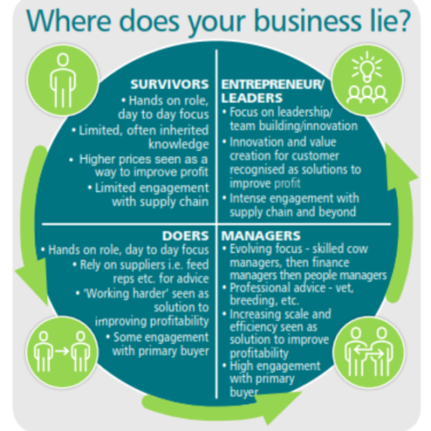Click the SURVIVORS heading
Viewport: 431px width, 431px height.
click(170, 84)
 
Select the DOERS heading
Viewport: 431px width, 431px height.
click(185, 236)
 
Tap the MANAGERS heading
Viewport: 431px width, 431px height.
click(261, 236)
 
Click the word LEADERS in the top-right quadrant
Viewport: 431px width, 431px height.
click(252, 98)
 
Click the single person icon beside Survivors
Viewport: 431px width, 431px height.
click(63, 80)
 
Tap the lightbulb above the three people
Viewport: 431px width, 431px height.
click(367, 67)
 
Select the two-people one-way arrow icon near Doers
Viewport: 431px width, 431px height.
click(62, 351)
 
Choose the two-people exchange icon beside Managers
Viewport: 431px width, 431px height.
click(369, 352)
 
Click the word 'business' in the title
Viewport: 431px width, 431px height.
click(308, 21)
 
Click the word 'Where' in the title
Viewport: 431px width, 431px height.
click(68, 21)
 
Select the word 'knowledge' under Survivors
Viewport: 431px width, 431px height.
click(178, 145)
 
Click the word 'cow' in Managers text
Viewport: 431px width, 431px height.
click(357, 249)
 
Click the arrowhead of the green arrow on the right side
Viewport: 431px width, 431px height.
click(400, 166)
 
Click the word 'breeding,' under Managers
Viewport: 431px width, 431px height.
click(248, 301)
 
